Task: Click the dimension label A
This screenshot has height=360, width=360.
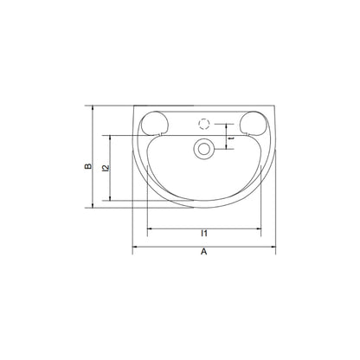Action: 204,252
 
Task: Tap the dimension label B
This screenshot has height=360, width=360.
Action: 88,166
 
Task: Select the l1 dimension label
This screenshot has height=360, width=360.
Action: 204,233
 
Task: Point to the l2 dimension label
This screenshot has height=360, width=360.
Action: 106,168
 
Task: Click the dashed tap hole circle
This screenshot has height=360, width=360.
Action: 204,124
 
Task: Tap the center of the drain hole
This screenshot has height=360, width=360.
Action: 204,149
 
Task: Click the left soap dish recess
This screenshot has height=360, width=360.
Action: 154,123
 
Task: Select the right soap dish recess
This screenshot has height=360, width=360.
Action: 254,123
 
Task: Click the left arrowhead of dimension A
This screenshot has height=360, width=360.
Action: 134,247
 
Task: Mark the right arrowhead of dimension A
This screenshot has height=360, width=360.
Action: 273,247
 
